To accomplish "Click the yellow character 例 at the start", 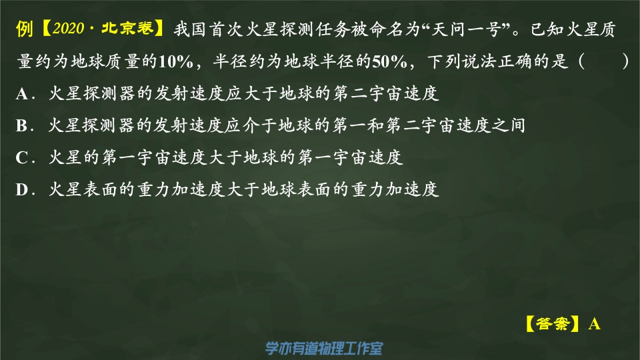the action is coord(25,29).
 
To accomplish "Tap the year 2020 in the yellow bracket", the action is coord(68,29).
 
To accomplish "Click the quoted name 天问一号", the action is coord(467,29).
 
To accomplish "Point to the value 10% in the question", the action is coord(175,61).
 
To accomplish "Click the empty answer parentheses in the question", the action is coord(604,61).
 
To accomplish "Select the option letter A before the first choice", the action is coord(22,94).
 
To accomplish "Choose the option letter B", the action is coord(21,126).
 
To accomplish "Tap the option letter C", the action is coord(21,157).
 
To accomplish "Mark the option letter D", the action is coord(22,189).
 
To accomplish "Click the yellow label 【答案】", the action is coord(552,324).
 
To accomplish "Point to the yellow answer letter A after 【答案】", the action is coord(594,324).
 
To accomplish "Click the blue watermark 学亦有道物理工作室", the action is coord(324,348).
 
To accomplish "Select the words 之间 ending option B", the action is coord(508,125).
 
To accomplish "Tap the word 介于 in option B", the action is coord(260,125).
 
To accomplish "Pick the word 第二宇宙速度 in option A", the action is coord(386,93).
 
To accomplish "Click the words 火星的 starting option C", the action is coord(74,157).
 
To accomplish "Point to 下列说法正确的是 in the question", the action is coord(498,61).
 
